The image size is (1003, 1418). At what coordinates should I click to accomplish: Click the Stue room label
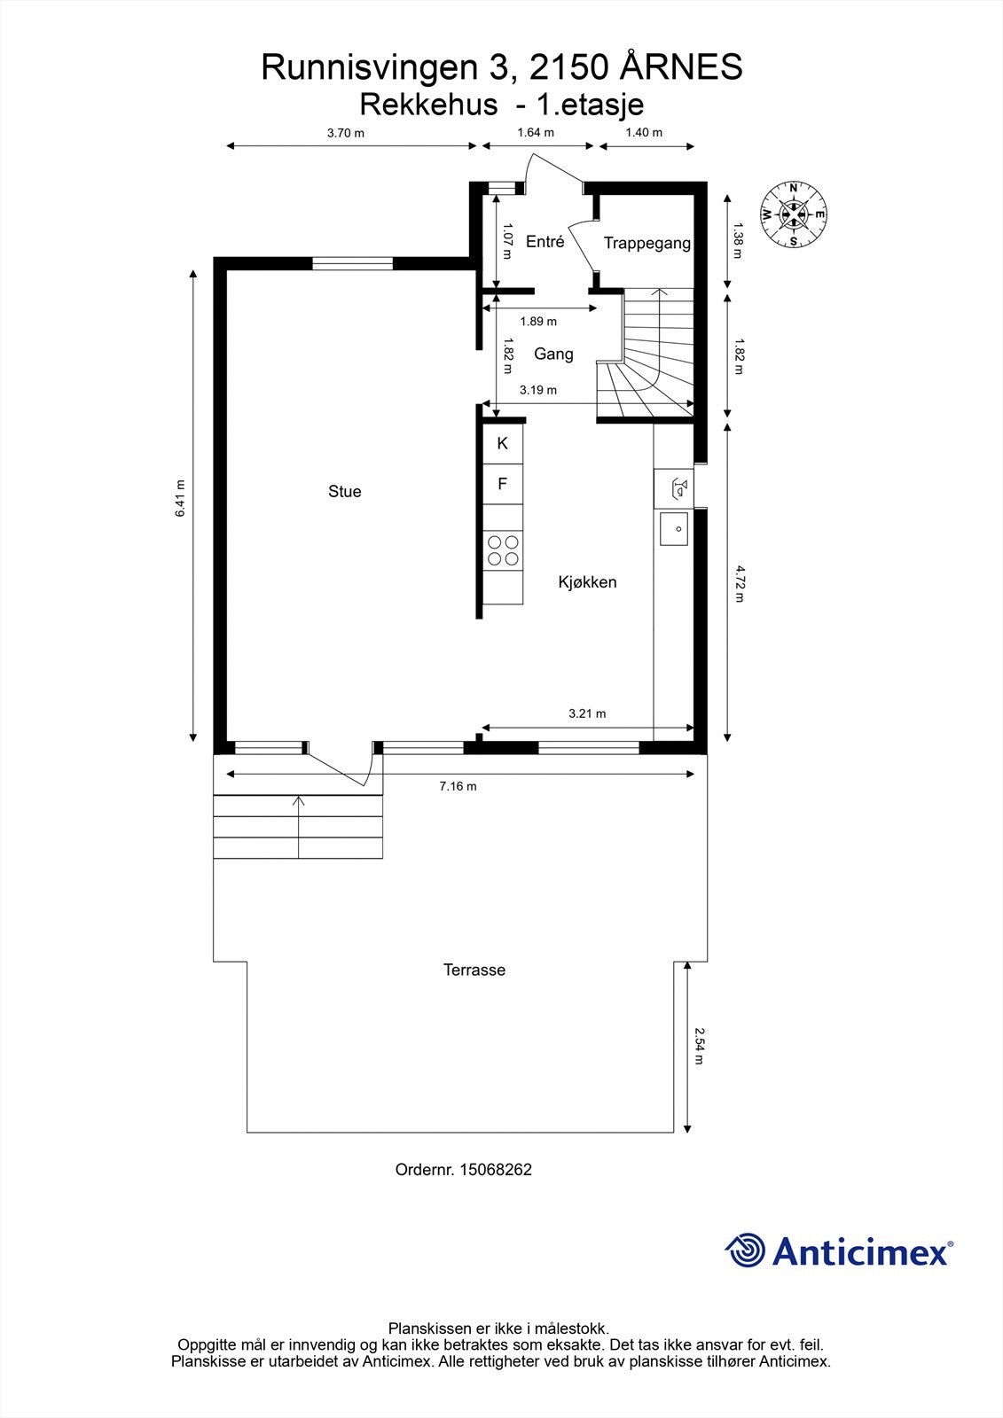tap(345, 491)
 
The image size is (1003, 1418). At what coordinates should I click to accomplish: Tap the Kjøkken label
tap(587, 581)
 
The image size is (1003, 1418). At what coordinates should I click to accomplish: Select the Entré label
tap(545, 241)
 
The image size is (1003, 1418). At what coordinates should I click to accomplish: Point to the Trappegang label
tap(646, 243)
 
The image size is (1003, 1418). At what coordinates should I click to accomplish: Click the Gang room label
tap(553, 354)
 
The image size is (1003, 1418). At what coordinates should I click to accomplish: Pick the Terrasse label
tap(474, 970)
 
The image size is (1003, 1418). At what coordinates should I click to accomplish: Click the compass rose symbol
tap(794, 214)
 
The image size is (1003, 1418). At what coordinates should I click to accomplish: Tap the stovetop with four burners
tap(503, 550)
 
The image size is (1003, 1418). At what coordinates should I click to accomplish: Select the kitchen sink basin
tap(673, 528)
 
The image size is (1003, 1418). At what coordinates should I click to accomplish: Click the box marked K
tap(503, 443)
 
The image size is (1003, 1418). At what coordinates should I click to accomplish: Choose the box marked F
tap(503, 484)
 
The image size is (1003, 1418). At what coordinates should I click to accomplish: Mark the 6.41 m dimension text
tap(181, 499)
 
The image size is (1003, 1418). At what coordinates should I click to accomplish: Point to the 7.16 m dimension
tap(458, 786)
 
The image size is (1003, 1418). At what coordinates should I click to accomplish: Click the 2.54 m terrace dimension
tap(699, 1046)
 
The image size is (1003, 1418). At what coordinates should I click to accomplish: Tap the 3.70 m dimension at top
tap(346, 133)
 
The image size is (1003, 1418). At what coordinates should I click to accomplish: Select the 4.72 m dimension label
tap(739, 584)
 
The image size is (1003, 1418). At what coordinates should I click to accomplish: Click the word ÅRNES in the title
tap(680, 67)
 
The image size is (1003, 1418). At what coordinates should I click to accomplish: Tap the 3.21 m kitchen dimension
tap(587, 713)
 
